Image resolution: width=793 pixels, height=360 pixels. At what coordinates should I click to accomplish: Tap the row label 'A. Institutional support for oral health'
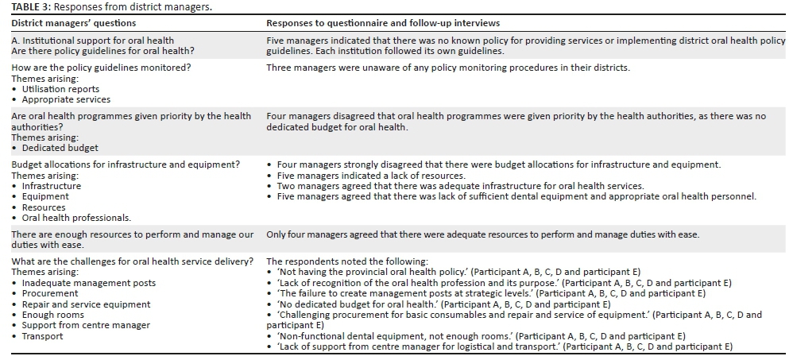pos(92,41)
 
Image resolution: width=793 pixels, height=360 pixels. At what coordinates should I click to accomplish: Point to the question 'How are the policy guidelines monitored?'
pos(101,68)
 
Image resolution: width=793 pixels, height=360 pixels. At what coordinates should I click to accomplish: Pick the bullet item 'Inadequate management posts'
pos(88,283)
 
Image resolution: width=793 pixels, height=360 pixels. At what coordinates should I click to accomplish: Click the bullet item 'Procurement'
pos(50,293)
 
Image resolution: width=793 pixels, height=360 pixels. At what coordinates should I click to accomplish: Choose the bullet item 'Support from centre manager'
pos(86,326)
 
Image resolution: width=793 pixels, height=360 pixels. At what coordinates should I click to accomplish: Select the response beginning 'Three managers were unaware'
pos(447,68)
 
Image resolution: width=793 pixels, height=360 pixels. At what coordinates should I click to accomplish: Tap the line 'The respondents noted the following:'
pos(346,261)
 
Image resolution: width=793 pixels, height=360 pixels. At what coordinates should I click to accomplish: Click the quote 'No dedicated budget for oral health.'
pos(358,304)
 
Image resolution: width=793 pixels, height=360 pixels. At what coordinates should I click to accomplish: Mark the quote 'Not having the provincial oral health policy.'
pos(372,272)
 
